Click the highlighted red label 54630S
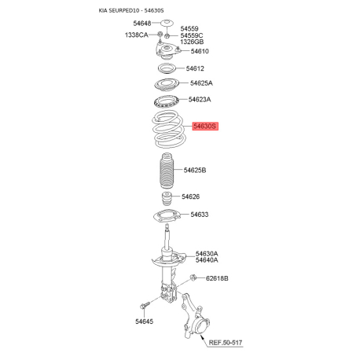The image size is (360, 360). coord(205,127)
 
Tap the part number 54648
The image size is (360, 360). coord(142,24)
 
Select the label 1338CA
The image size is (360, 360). coord(136,35)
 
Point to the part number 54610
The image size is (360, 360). coord(200,51)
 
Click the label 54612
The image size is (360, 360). coord(195,68)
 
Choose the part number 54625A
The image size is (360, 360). coord(201,83)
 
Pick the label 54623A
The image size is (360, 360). coord(200,99)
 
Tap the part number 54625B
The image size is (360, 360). coord(195,170)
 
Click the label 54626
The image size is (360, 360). coord(190,197)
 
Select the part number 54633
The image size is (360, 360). coord(200,215)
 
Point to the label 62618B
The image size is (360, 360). coord(217,278)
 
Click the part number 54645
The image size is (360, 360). coord(144,321)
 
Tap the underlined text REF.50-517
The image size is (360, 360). coord(226,343)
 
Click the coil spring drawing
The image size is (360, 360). coord(169,129)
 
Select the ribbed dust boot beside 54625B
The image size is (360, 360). coord(167,171)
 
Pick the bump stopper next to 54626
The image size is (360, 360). coord(167,200)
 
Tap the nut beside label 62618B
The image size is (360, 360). coord(193,277)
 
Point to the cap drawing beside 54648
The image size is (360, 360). coord(167,23)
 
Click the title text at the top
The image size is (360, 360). coord(131,10)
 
